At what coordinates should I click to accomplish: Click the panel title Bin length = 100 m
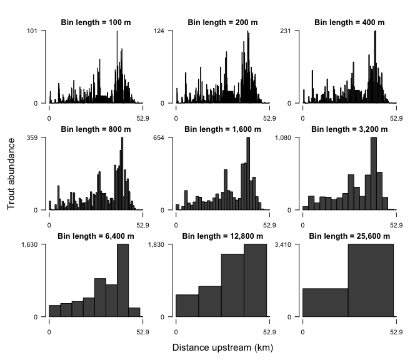click(x=96, y=22)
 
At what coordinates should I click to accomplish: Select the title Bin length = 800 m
click(x=96, y=129)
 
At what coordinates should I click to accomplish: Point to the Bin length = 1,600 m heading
click(x=222, y=129)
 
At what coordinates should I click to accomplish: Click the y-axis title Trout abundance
click(x=12, y=174)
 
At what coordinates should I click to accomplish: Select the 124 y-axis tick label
click(x=159, y=31)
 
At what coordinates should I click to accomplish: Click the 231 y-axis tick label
click(x=286, y=31)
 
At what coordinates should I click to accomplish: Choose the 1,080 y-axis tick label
click(x=282, y=137)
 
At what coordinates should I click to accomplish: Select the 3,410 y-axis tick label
click(x=282, y=244)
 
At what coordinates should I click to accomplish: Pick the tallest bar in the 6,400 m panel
click(x=123, y=280)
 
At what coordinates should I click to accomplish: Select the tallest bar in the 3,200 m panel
click(x=373, y=173)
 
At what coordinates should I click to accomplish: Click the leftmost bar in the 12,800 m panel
click(x=187, y=305)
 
